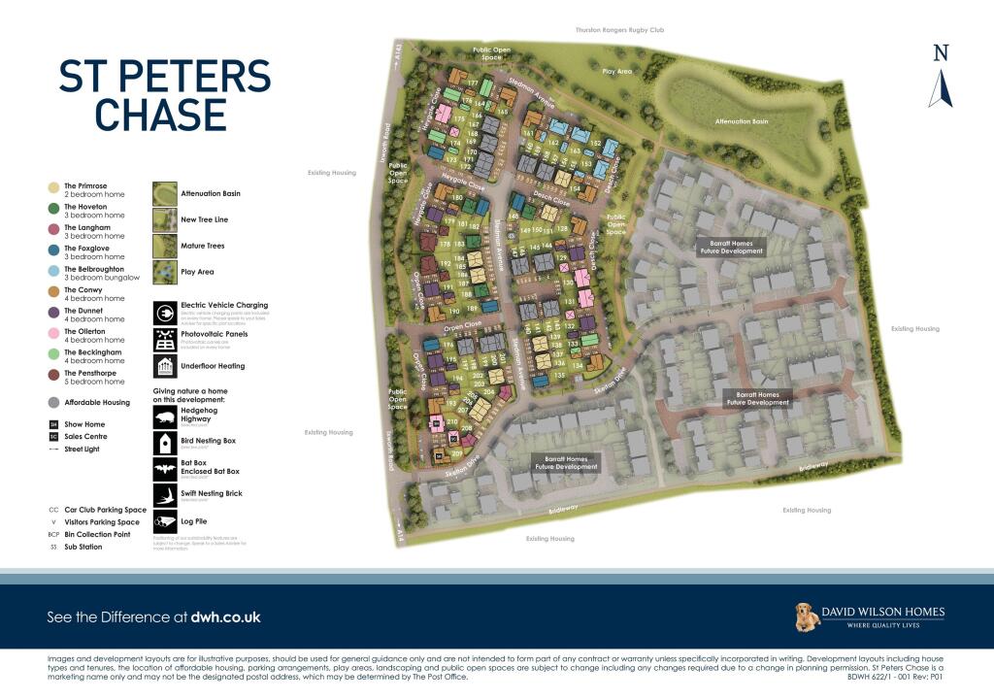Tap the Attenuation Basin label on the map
742,121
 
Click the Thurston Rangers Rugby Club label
620,30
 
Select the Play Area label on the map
616,71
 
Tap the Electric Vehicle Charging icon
165,314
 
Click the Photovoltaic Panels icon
165,340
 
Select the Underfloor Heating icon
165,366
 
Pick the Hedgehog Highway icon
165,417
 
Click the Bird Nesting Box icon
165,443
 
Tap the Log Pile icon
165,522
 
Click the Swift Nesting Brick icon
165,496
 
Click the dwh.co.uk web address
225,617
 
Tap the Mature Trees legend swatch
165,247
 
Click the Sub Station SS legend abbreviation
53,548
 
